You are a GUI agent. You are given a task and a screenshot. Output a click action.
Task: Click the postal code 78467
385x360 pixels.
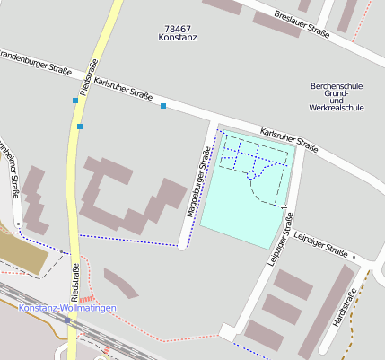click(x=178, y=30)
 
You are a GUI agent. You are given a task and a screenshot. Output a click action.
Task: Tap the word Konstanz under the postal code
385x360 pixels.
click(x=178, y=39)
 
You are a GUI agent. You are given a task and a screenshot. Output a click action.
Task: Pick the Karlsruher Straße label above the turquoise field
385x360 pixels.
click(x=289, y=138)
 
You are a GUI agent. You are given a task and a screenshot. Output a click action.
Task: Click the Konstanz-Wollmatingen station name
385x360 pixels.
click(x=67, y=308)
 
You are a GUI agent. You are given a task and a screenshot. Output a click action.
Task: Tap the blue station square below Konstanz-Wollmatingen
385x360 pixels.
click(x=67, y=320)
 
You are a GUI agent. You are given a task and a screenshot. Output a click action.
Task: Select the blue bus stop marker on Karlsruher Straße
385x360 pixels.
click(x=163, y=107)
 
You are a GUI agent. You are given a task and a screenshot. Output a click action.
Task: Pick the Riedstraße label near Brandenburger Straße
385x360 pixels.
click(x=86, y=78)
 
